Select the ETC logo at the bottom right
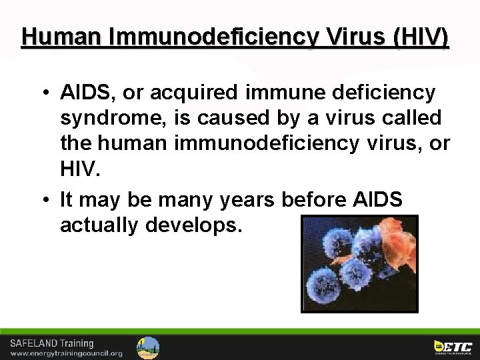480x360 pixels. click(453, 347)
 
